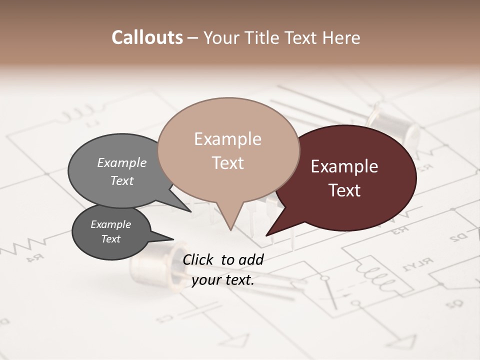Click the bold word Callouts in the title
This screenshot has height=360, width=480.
pos(147,37)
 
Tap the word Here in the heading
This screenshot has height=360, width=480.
pos(342,38)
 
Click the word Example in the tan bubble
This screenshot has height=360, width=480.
pos(227,139)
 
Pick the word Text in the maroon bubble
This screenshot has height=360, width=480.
pos(344,190)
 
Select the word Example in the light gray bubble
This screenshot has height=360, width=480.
pos(121,162)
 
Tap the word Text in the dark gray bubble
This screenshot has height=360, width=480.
pos(110,239)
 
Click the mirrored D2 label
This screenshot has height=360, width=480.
pos(458,237)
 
